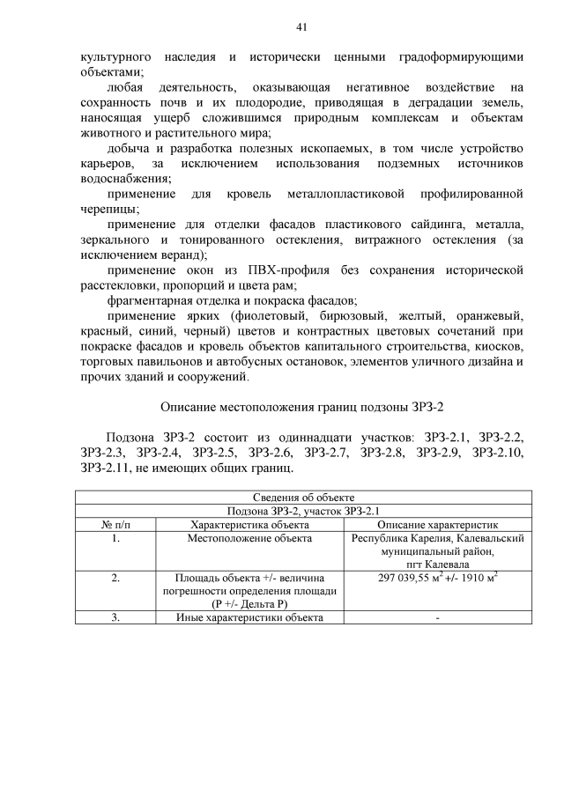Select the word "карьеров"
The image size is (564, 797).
[x=107, y=163]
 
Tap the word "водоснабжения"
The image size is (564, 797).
[x=121, y=178]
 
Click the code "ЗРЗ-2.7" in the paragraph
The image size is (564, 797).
[x=330, y=453]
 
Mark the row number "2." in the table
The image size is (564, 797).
[x=115, y=578]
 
